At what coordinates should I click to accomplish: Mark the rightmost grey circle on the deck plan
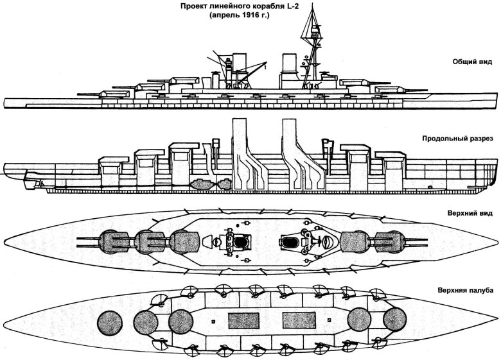coord(393,320)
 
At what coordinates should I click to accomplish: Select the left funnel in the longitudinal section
coord(238,154)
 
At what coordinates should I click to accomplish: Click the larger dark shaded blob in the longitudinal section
coord(201,182)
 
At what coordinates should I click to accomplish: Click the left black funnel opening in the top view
coord(241,243)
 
